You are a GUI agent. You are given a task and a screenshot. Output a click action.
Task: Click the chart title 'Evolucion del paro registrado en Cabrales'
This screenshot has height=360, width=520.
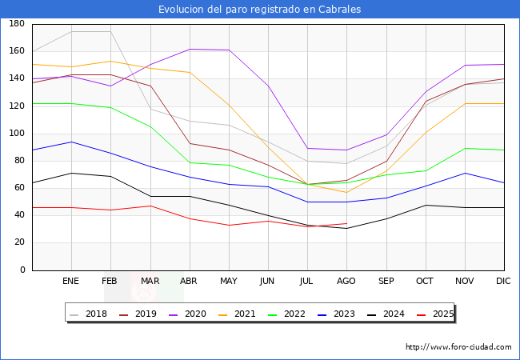click(259, 10)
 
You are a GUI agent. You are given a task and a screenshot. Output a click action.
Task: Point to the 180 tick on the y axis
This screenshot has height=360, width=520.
click(16, 24)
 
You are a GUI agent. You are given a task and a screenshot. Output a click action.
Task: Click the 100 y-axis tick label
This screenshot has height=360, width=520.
click(16, 134)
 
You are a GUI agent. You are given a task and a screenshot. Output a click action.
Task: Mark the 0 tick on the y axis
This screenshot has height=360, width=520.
click(23, 270)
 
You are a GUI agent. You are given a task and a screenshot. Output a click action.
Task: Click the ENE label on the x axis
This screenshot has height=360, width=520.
click(71, 282)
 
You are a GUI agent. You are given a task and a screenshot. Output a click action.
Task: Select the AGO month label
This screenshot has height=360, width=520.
click(346, 282)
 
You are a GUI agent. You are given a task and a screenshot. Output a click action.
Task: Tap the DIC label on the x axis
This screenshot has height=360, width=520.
click(503, 282)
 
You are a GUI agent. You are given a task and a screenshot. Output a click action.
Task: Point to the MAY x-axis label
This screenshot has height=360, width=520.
click(229, 282)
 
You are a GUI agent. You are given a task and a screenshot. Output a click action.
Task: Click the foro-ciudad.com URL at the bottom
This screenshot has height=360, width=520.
click(458, 347)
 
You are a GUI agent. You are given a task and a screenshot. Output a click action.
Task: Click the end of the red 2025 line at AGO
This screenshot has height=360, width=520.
click(346, 223)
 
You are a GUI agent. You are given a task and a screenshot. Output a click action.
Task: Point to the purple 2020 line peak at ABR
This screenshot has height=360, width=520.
click(190, 49)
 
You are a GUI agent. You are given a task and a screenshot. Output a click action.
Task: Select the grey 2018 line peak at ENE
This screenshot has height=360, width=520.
click(71, 32)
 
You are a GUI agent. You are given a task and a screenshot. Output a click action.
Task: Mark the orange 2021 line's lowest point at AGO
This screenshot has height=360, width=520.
click(346, 192)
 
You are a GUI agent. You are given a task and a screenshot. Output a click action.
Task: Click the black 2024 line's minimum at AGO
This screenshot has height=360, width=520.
click(346, 229)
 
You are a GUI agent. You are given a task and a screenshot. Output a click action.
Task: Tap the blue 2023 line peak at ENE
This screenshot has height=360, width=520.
click(71, 142)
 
